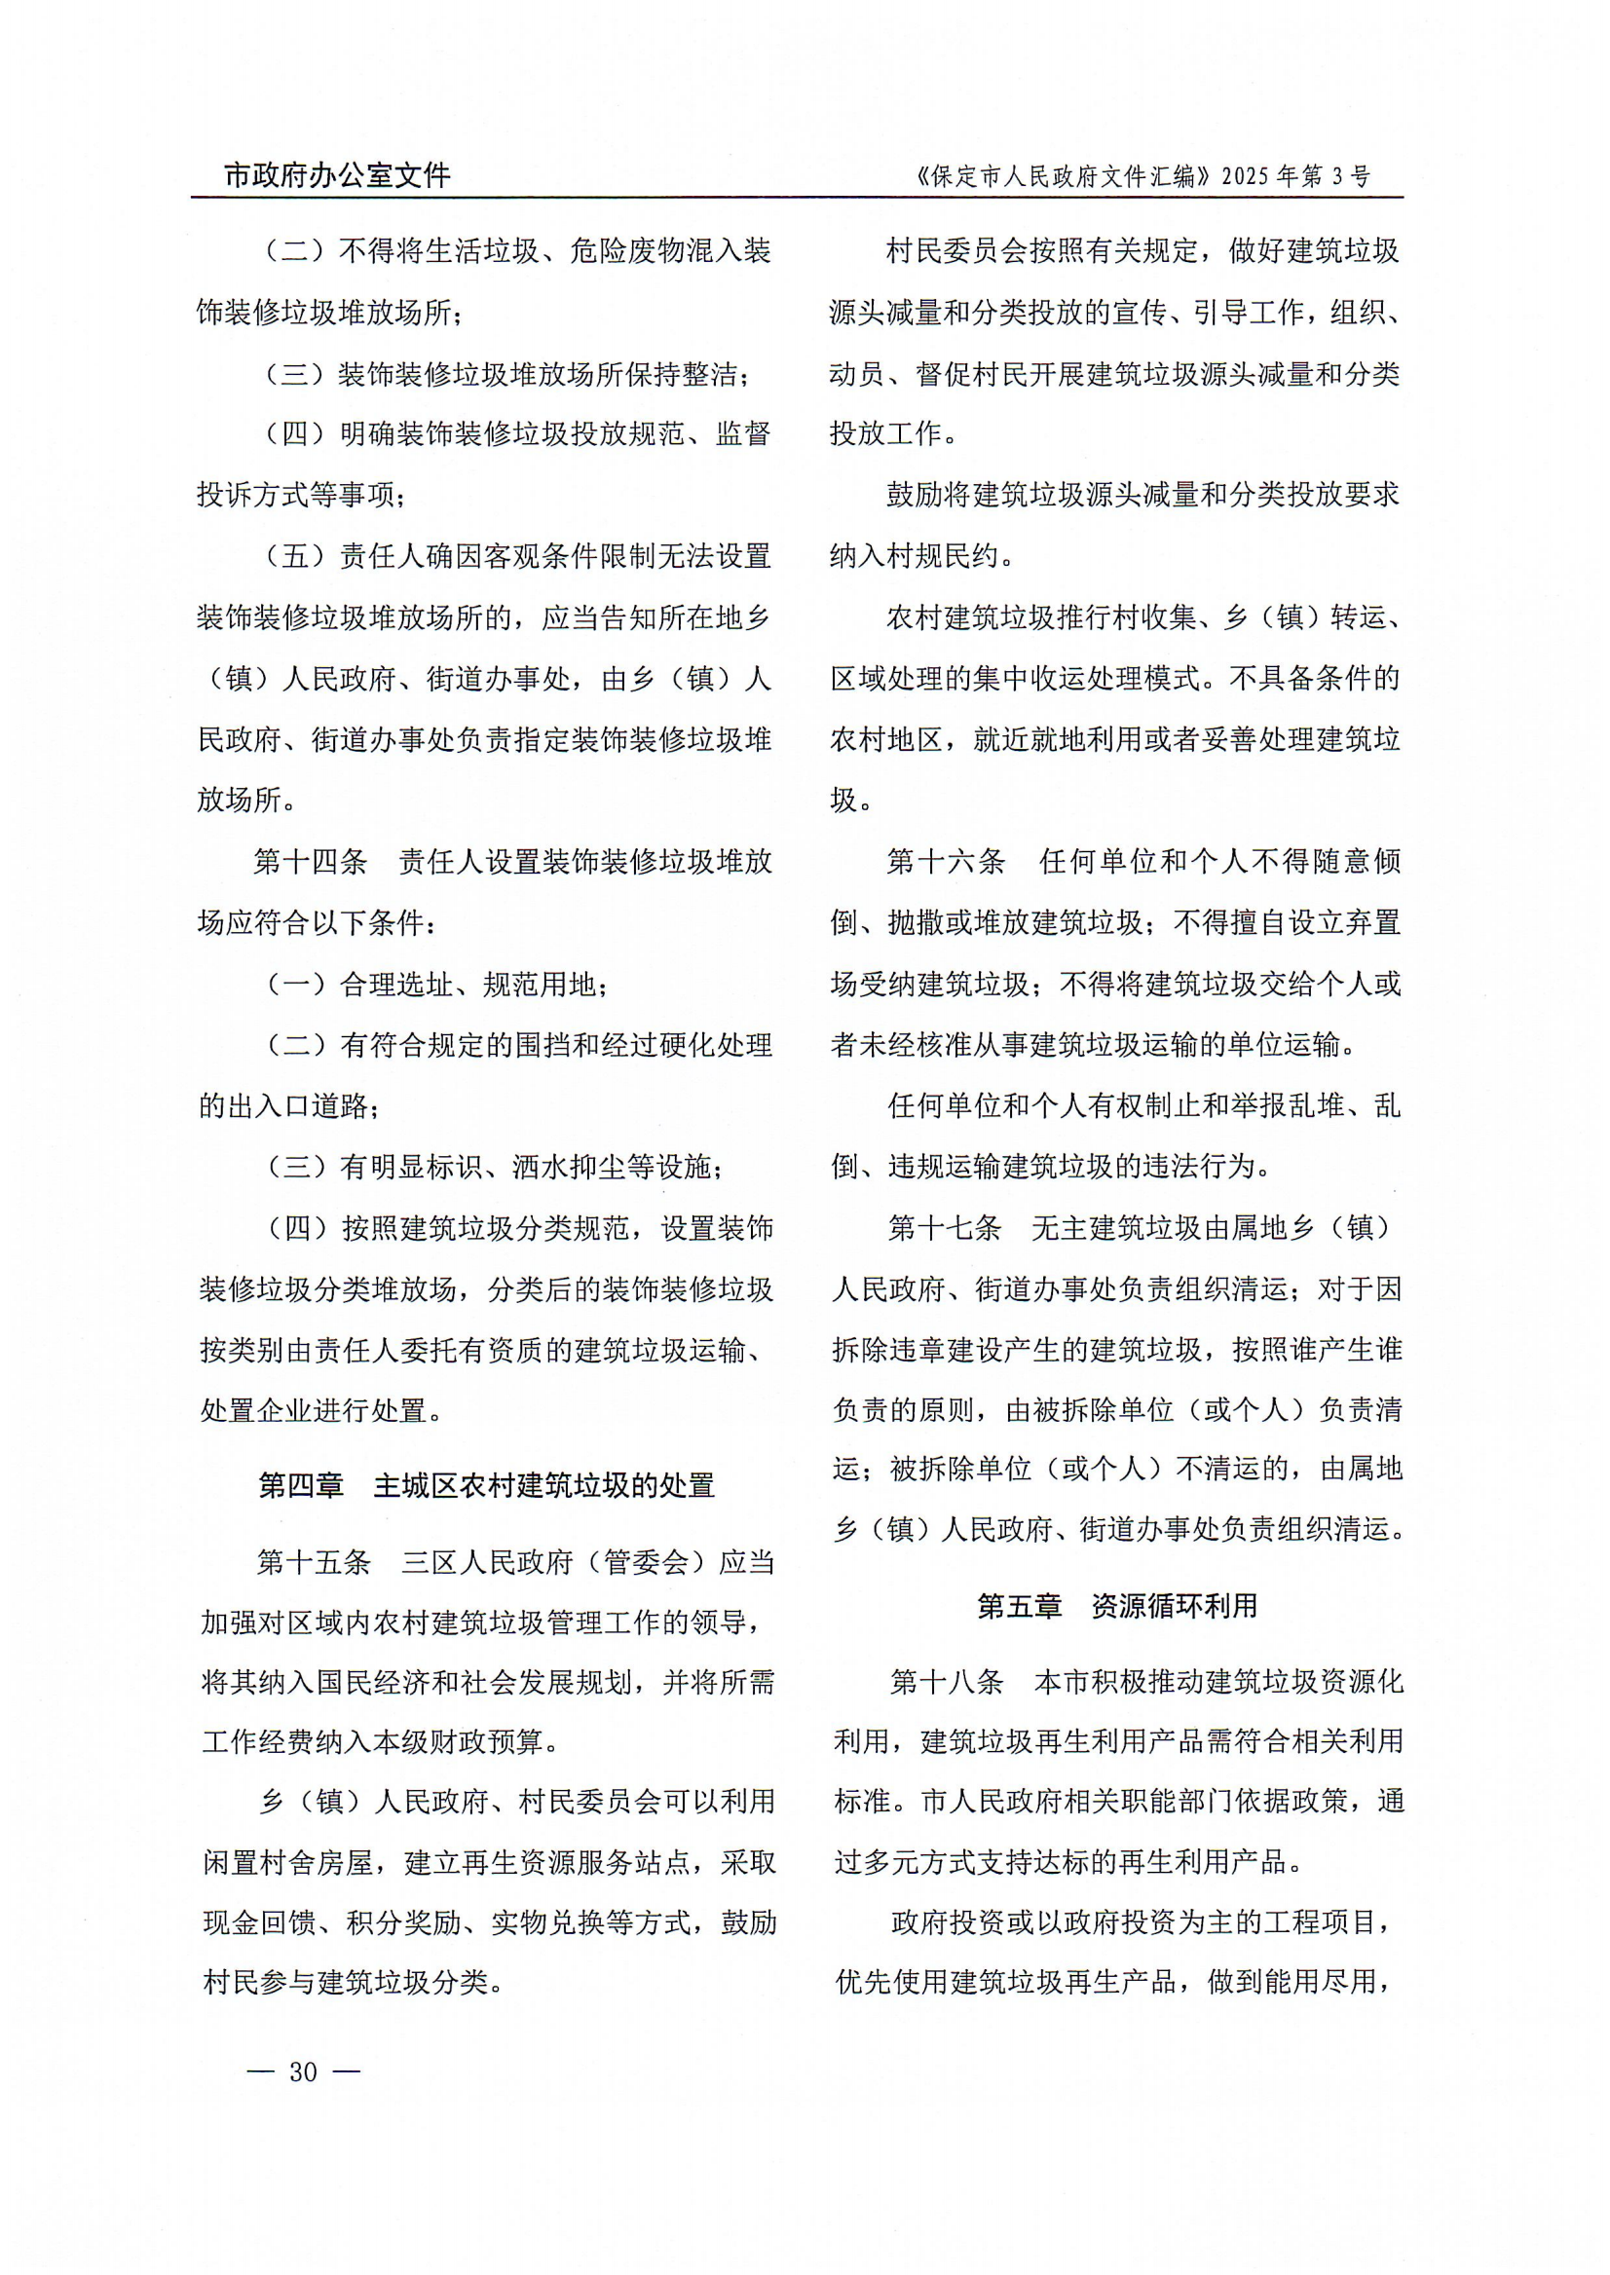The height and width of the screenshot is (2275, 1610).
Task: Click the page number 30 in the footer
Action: point(302,2071)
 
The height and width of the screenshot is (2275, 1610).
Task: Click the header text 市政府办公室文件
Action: point(337,175)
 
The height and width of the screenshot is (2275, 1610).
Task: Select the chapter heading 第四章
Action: point(300,1485)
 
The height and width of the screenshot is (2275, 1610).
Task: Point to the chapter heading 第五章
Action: point(1018,1606)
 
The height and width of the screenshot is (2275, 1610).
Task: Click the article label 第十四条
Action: point(311,862)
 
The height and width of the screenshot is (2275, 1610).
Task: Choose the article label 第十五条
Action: point(314,1562)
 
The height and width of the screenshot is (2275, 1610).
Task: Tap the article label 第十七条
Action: point(945,1228)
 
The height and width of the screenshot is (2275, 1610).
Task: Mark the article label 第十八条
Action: point(947,1681)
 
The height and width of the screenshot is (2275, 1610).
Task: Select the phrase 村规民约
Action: point(942,556)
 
